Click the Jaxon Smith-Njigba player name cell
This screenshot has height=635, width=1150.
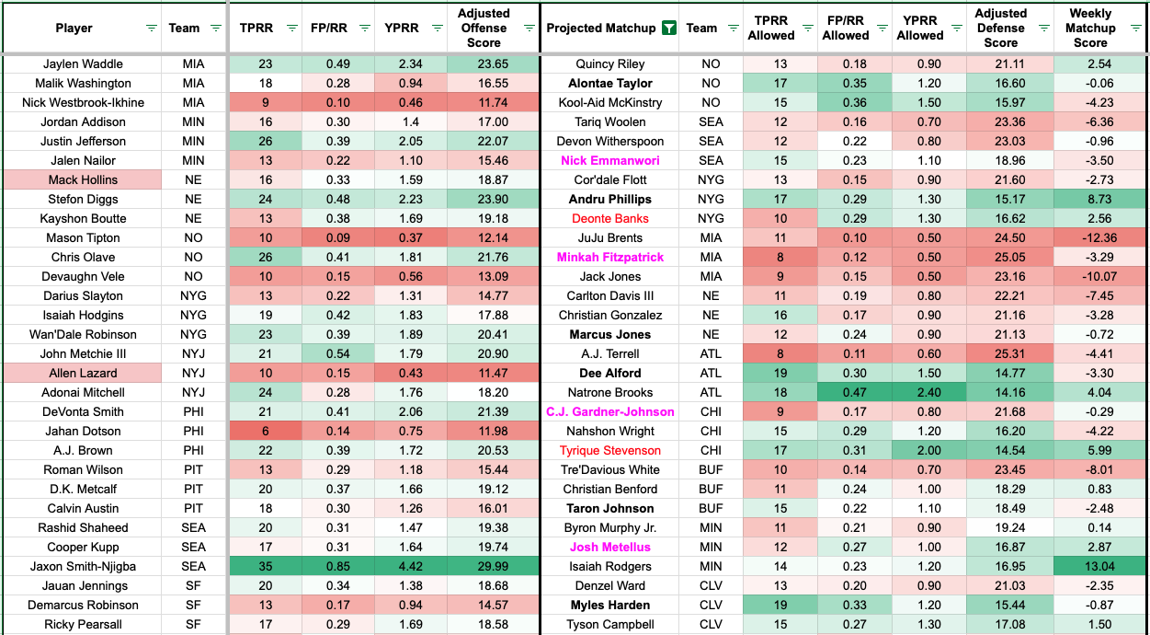pyautogui.click(x=83, y=567)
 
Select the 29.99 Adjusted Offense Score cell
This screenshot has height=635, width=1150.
pyautogui.click(x=484, y=567)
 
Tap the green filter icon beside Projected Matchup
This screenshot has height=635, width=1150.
pyautogui.click(x=668, y=29)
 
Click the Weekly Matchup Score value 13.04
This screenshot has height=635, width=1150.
pyautogui.click(x=1090, y=567)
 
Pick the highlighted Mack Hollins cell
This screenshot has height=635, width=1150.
pyautogui.click(x=83, y=180)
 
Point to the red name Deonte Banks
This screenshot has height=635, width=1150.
pyautogui.click(x=610, y=219)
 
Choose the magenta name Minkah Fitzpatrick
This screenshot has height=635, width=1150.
pyautogui.click(x=610, y=258)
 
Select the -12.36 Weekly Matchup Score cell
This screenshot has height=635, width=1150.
pyautogui.click(x=1090, y=238)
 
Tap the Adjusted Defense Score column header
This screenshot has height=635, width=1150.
pyautogui.click(x=1000, y=29)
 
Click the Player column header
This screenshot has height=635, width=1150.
pyautogui.click(x=74, y=29)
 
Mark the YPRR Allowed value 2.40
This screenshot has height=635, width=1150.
pyautogui.click(x=920, y=393)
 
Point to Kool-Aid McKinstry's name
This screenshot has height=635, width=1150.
pyautogui.click(x=610, y=103)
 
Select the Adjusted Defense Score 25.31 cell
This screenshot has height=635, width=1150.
pyautogui.click(x=1001, y=354)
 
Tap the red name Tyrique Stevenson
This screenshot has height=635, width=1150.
pyautogui.click(x=610, y=451)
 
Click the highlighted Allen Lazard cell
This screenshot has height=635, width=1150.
pyautogui.click(x=83, y=374)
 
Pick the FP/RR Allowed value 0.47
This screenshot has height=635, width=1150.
pyautogui.click(x=846, y=393)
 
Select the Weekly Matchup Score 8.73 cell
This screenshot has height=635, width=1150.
pyautogui.click(x=1090, y=200)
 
